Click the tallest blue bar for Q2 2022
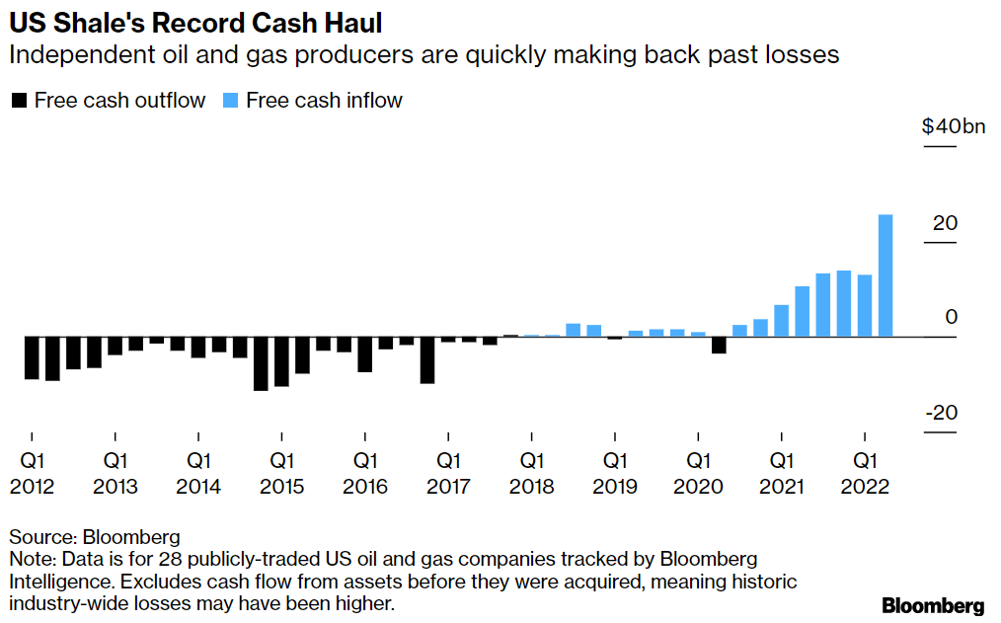(885, 275)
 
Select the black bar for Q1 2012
(32, 357)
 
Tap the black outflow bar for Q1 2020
(719, 345)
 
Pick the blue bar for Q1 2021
(781, 321)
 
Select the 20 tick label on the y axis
(945, 223)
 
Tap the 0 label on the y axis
(952, 318)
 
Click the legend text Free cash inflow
(324, 101)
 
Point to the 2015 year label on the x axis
(282, 487)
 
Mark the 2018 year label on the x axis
(532, 487)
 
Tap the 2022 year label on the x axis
(865, 487)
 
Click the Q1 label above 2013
(115, 461)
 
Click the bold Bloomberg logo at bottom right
(933, 604)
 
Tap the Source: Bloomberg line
(95, 537)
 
